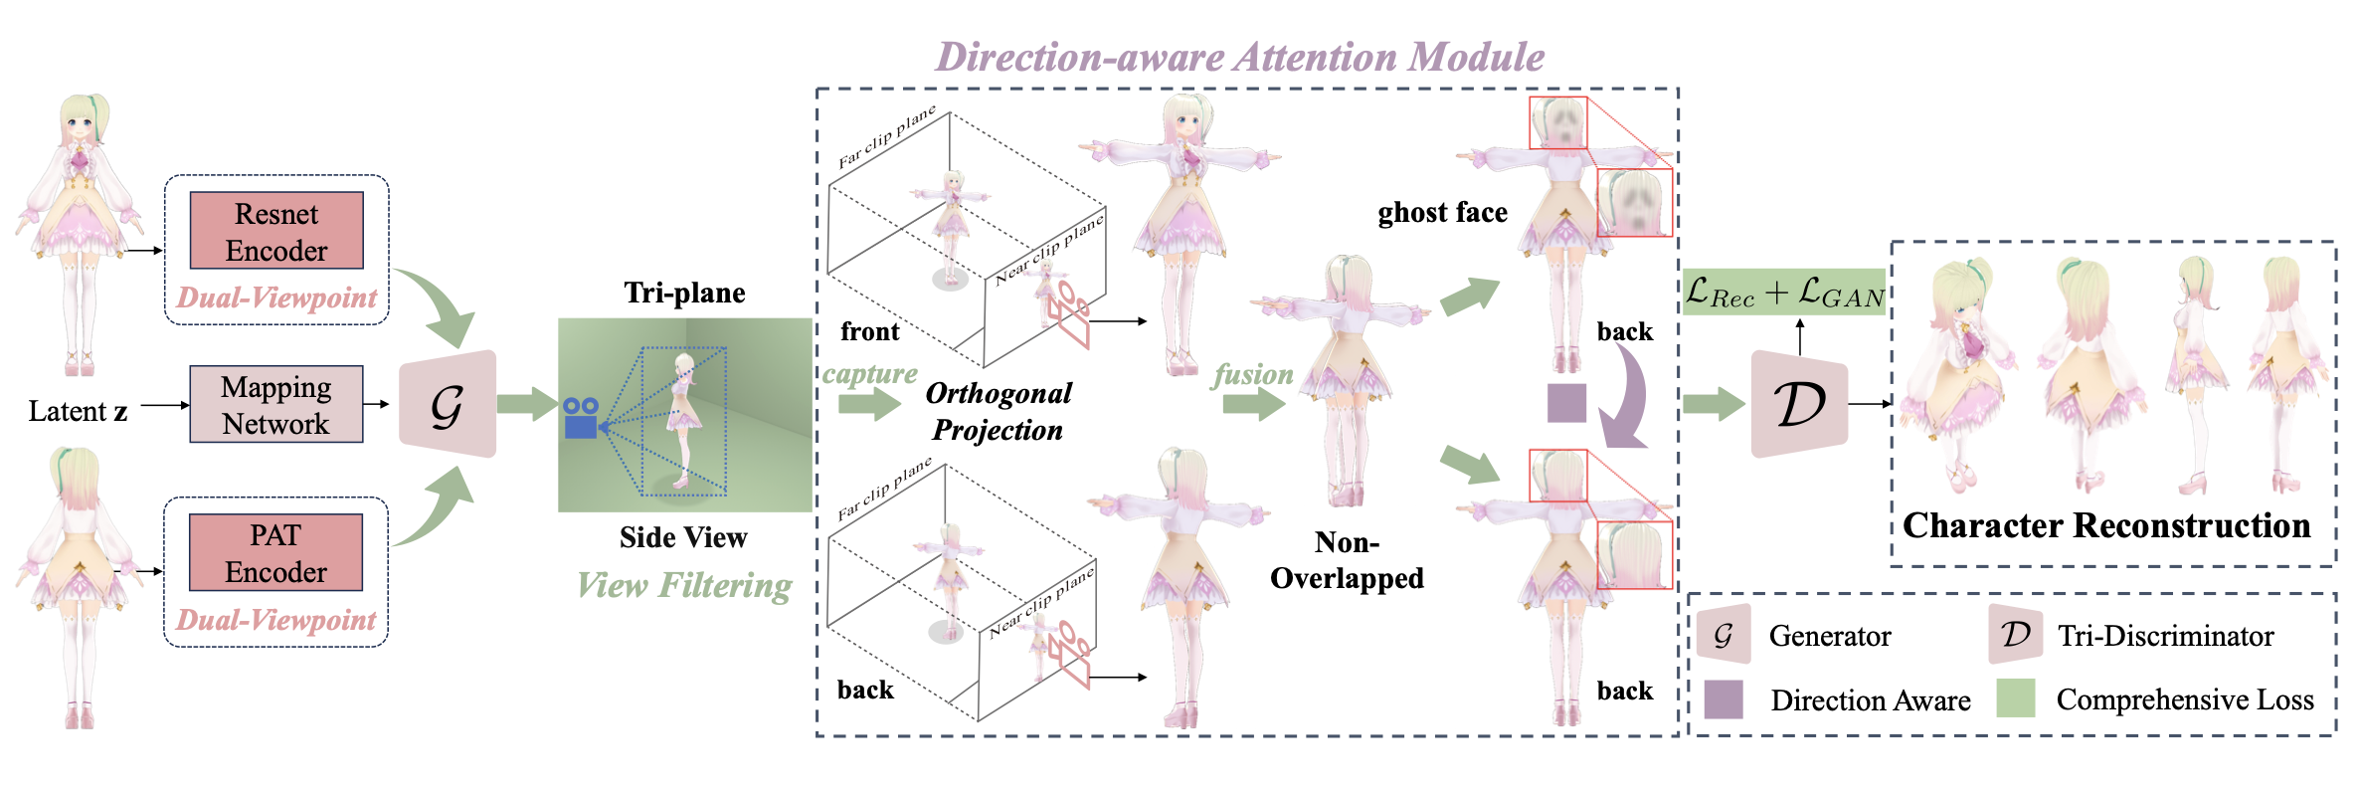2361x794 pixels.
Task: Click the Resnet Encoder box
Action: [276, 231]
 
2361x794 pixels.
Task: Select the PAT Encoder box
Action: [275, 553]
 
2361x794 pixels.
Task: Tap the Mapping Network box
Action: [276, 405]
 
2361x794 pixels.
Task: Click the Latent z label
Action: [78, 411]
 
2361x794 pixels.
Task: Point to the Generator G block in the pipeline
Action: [448, 404]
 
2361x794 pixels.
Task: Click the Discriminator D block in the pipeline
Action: [1799, 404]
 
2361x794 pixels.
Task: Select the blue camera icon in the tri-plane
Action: [581, 418]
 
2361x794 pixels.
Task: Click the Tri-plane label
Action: [684, 293]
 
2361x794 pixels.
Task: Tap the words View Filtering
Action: [685, 585]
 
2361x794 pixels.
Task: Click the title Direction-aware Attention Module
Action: [1240, 57]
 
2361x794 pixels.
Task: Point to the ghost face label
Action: [1442, 213]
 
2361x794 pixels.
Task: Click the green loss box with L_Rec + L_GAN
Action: [1784, 292]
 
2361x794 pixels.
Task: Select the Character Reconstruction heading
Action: [2106, 525]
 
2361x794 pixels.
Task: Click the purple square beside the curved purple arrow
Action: [1566, 403]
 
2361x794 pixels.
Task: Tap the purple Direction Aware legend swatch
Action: [1724, 699]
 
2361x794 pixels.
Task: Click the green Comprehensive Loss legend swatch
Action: [2016, 698]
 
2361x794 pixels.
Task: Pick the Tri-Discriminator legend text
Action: [2166, 636]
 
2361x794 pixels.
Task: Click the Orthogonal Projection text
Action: [999, 411]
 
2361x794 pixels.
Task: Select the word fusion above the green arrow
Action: [1253, 374]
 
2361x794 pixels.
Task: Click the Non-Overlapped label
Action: [1347, 560]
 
